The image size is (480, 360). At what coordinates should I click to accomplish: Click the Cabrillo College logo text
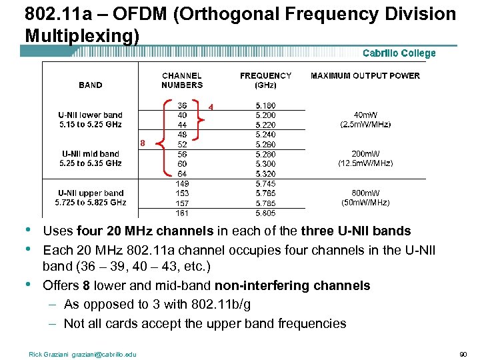point(399,53)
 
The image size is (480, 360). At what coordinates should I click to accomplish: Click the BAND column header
point(91,85)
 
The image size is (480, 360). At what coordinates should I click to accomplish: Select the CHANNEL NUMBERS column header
point(182,80)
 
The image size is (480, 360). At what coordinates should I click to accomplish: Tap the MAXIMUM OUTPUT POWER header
point(365,75)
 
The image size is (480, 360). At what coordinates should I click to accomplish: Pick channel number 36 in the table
point(182,105)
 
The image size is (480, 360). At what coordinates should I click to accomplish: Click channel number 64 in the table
point(182,174)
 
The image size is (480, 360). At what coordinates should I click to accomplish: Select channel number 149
point(182,183)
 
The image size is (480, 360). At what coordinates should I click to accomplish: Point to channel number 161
point(182,213)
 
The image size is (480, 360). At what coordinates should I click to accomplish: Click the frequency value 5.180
point(265,105)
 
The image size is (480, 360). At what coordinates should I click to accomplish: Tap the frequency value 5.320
point(265,174)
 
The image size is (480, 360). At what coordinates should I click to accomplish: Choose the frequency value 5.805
point(265,213)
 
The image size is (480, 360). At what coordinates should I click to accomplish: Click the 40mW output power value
point(365,115)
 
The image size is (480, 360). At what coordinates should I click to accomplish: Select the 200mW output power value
point(365,153)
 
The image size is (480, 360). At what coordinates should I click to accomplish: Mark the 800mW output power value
point(365,193)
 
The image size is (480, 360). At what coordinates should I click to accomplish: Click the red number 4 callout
point(211,107)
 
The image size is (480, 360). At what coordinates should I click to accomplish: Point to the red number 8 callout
point(142,143)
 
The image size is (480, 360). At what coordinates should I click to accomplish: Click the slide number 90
point(463,354)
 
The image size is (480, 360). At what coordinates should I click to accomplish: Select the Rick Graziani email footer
point(83,354)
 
